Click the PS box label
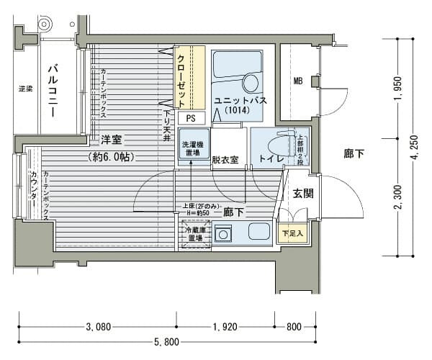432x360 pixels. [x=191, y=118]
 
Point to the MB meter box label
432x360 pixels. [x=297, y=81]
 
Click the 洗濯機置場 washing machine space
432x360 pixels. [x=190, y=148]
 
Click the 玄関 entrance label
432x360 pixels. [x=303, y=193]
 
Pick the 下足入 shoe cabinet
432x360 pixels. [x=291, y=233]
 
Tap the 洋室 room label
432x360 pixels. [x=112, y=139]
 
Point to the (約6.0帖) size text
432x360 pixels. [x=112, y=156]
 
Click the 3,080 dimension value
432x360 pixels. [x=98, y=326]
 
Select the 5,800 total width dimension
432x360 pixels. [x=166, y=341]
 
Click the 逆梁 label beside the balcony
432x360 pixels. [x=25, y=89]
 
